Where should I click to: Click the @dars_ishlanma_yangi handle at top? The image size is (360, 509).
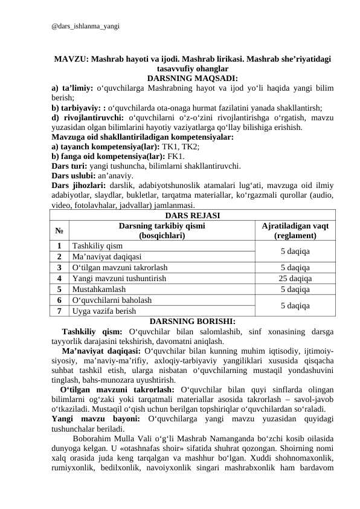point(85,27)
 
